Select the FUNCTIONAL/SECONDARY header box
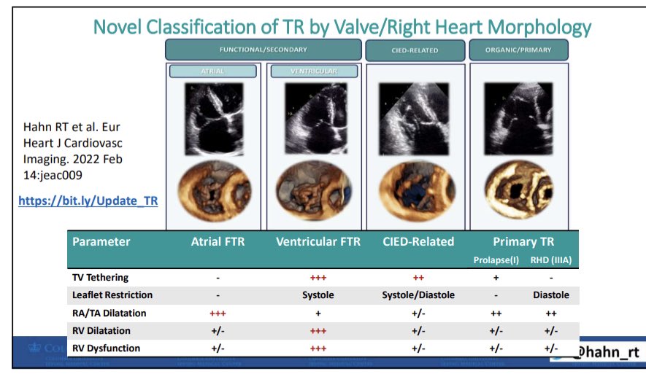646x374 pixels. point(264,50)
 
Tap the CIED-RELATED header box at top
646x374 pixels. point(415,50)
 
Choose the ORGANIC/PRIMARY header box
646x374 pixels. point(518,50)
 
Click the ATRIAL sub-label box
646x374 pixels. point(213,71)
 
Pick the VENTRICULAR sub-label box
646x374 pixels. point(314,71)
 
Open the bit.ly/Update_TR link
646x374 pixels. point(88,200)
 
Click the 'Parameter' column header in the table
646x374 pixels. point(101,241)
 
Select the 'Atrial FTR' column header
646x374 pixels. point(218,241)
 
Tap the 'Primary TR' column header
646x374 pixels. point(523,241)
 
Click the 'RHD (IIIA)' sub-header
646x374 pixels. point(551,259)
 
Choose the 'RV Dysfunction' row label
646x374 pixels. point(107,348)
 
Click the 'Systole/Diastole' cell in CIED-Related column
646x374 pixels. point(418,295)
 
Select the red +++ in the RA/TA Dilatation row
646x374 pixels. point(218,313)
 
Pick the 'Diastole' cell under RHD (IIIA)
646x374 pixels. point(550,295)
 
